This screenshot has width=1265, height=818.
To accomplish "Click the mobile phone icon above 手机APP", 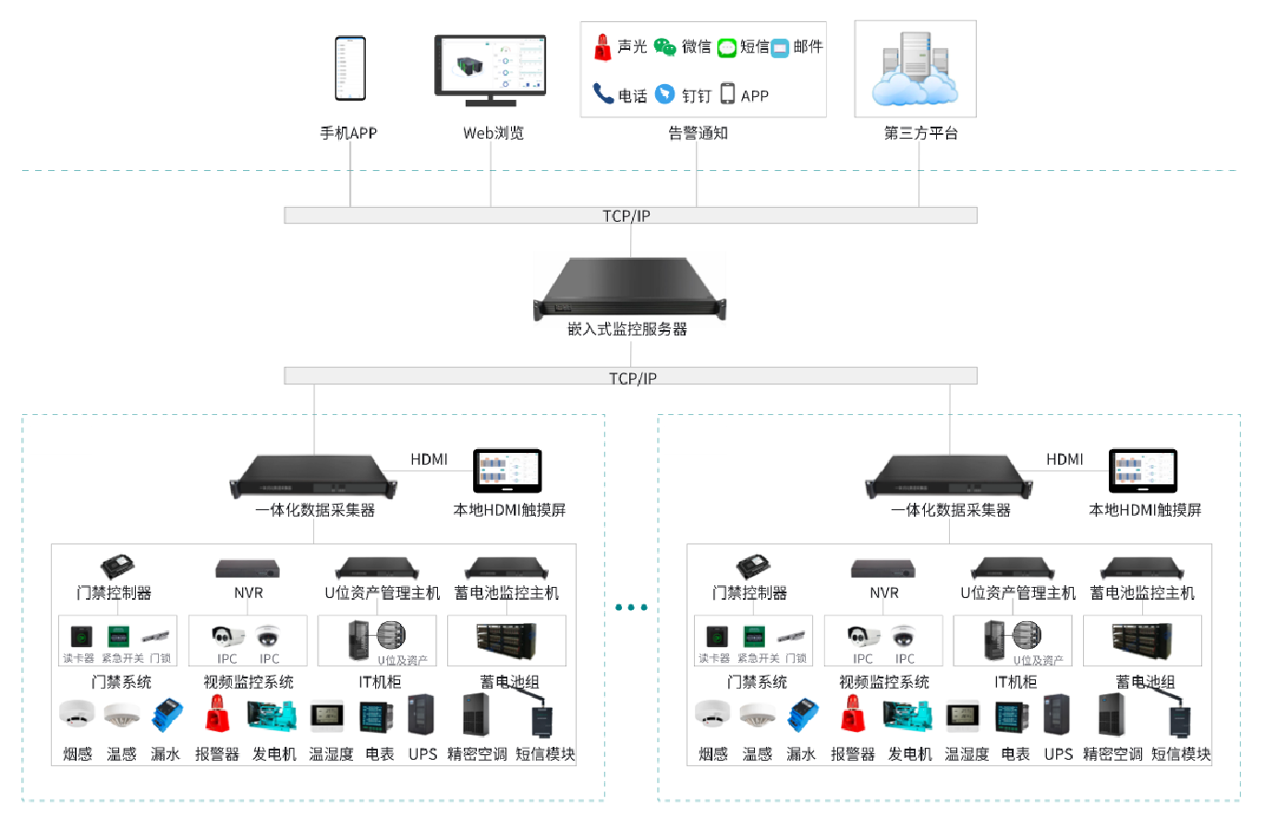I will (350, 68).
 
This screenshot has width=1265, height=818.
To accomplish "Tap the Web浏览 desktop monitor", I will (490, 65).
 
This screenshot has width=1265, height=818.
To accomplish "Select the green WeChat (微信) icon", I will (664, 47).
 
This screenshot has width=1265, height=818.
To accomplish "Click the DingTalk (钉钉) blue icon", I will (664, 94).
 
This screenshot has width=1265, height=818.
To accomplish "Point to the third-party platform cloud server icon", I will (914, 70).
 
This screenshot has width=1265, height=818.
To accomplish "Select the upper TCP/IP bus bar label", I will (630, 215).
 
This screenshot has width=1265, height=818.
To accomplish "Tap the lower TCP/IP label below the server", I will (632, 377).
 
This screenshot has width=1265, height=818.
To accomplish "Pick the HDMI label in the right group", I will (1064, 459).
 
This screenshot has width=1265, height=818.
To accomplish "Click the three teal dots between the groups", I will (631, 607).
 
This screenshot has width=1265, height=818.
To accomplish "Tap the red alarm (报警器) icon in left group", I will (217, 716).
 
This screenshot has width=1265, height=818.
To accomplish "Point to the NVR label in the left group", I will (247, 593).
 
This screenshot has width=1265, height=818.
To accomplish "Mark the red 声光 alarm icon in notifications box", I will (603, 46).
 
